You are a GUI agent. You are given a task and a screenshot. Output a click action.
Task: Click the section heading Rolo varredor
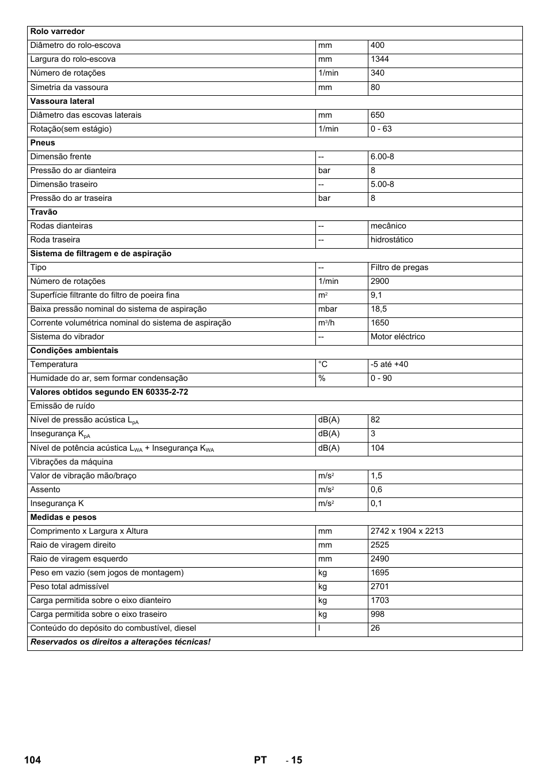(57, 32)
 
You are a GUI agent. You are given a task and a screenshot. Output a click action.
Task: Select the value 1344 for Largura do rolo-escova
(379, 59)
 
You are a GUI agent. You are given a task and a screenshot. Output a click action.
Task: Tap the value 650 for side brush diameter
(377, 115)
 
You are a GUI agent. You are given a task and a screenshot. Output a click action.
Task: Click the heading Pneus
(43, 143)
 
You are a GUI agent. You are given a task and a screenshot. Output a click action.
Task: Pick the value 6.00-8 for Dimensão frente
(382, 156)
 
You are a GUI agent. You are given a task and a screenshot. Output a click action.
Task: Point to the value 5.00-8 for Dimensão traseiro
(382, 184)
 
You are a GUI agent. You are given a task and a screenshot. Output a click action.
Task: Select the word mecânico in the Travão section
(388, 226)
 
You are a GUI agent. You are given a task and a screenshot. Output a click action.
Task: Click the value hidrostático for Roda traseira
(391, 239)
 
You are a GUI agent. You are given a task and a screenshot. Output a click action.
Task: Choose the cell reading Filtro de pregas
(399, 267)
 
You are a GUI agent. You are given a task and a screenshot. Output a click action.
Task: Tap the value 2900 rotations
(379, 281)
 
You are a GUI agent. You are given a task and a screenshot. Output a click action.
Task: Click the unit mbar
(327, 309)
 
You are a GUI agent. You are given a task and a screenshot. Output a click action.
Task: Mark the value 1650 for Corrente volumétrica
(379, 323)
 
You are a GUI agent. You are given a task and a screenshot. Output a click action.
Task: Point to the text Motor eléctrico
(397, 336)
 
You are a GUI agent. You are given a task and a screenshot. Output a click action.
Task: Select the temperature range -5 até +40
(389, 364)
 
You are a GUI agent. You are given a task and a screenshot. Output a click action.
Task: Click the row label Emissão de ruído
(62, 406)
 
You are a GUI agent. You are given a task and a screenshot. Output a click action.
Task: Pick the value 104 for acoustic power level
(377, 448)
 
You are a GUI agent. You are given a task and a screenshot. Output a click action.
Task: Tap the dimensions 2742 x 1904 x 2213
(407, 531)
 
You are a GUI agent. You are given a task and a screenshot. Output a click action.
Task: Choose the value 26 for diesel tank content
(375, 628)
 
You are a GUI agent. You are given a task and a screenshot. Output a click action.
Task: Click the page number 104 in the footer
(32, 760)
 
